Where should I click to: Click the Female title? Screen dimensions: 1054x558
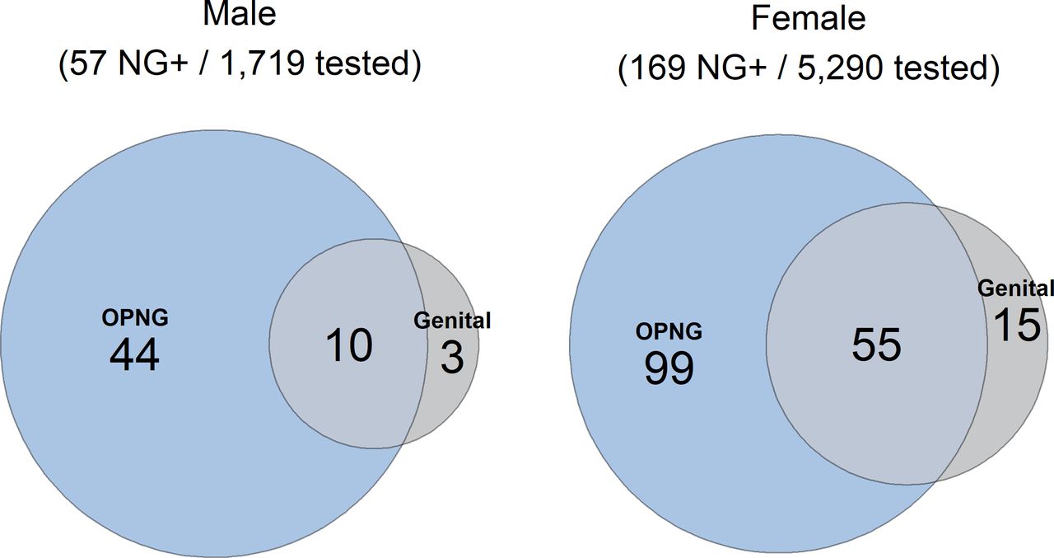(x=808, y=18)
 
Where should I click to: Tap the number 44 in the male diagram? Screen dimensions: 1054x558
(x=134, y=355)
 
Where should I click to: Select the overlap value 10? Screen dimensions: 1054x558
(x=348, y=345)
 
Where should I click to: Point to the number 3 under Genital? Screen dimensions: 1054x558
(x=452, y=358)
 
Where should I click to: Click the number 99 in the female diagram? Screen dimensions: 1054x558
(x=669, y=368)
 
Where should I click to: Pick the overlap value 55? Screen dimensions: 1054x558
(x=876, y=345)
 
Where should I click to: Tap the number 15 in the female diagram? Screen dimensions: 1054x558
(x=1016, y=325)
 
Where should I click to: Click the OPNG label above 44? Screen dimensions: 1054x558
(x=135, y=318)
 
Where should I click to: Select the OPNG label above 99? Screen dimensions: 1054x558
(x=669, y=331)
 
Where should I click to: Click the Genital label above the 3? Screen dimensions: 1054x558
(x=452, y=321)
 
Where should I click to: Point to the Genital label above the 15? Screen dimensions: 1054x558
(x=1015, y=288)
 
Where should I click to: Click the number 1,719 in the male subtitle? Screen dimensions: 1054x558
(x=262, y=63)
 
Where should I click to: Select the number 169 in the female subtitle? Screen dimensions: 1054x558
(x=657, y=68)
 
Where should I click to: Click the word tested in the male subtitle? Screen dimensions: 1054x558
(x=363, y=63)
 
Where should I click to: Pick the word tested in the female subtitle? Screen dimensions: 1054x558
(x=940, y=68)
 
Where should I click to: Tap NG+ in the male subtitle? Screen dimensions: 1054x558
(x=153, y=63)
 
